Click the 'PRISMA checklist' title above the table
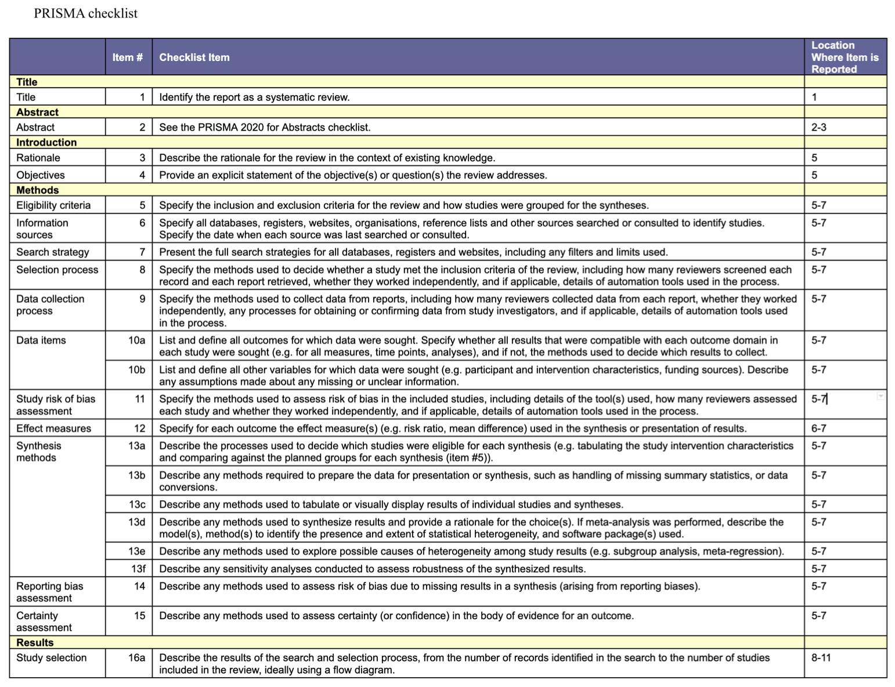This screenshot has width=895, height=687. pos(85,13)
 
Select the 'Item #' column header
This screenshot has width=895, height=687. pos(127,57)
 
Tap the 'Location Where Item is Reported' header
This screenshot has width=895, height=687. pos(845,57)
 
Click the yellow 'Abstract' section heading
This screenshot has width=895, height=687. pos(37,112)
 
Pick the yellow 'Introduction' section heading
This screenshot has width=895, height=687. pos(46,142)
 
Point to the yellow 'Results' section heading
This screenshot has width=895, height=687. pos(35,642)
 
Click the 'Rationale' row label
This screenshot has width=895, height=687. pos(38,158)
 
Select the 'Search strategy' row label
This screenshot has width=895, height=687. pos(53,252)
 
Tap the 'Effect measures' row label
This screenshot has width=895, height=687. pos(53,428)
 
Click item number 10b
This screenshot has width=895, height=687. pos(136,370)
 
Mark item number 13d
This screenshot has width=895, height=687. pos(136,522)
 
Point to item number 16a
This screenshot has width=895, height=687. pos(136,657)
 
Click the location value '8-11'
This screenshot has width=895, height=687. pos(821,657)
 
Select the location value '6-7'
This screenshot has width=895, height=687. pos(818,428)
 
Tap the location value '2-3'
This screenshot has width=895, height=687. pos(818,127)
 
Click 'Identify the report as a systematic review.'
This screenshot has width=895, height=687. pos(254,97)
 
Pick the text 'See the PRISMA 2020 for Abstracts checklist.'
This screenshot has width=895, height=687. pos(265,127)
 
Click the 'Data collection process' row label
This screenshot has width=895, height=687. pos(50,305)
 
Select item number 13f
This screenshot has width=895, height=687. pos(138,569)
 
